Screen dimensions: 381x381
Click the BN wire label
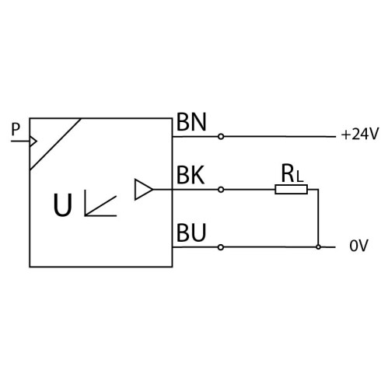tap(191, 122)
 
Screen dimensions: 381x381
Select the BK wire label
tap(190, 175)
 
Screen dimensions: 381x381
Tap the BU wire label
tap(191, 232)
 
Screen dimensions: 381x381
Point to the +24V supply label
tap(360, 135)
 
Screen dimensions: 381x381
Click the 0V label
tap(358, 246)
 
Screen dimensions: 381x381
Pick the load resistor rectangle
tap(291, 190)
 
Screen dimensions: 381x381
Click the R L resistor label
tap(292, 173)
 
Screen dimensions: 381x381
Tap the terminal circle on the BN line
tap(221, 136)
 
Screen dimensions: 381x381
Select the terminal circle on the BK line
tap(221, 190)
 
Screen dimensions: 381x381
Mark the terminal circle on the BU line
tap(221, 247)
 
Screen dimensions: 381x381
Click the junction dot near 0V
tap(318, 247)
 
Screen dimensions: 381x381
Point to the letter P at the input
tap(16, 129)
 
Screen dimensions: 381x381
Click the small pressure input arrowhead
tap(33, 142)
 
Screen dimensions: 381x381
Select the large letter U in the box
tap(62, 205)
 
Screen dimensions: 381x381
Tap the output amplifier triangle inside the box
tap(143, 190)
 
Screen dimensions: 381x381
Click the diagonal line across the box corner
tap(55, 144)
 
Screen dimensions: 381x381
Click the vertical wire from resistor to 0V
tap(318, 218)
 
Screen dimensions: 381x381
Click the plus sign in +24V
tap(346, 135)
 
